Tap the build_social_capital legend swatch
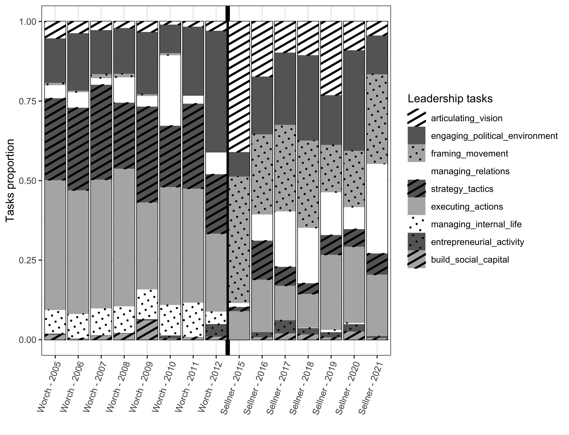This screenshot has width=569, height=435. (x=416, y=259)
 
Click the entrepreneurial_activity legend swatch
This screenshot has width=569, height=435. (x=416, y=242)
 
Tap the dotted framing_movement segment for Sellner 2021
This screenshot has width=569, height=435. (x=377, y=119)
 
